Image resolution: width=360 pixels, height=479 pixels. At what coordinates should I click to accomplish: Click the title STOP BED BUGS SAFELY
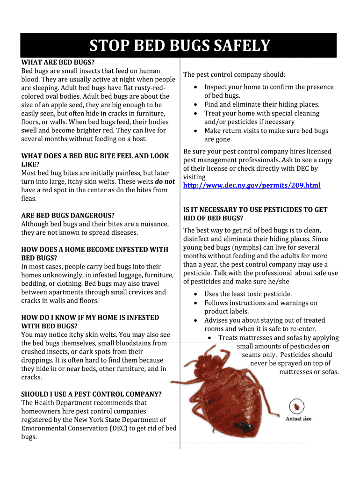(180, 46)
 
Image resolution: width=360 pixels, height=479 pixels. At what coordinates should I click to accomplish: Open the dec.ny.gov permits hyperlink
(252, 186)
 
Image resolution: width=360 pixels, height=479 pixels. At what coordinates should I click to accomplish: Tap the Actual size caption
(298, 419)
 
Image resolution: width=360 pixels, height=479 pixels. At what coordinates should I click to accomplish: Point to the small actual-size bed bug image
(297, 405)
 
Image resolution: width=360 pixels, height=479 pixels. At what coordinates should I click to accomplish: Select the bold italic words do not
(165, 181)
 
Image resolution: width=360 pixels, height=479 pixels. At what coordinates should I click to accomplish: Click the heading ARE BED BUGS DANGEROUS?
(68, 216)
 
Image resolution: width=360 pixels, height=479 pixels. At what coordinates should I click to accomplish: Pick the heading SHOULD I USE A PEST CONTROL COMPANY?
(91, 394)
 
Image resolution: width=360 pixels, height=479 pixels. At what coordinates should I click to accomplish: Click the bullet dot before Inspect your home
(195, 87)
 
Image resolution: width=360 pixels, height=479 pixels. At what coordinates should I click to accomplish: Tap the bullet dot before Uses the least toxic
(195, 294)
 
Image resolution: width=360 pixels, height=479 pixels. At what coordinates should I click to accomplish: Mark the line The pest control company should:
(234, 75)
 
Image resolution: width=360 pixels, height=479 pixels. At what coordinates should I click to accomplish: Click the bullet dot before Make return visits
(195, 131)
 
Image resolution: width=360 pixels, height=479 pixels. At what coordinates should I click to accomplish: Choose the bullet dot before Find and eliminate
(195, 105)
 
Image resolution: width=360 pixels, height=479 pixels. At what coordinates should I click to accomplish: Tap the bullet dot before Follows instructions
(195, 303)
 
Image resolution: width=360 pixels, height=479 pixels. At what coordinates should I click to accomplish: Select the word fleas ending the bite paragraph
(29, 198)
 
